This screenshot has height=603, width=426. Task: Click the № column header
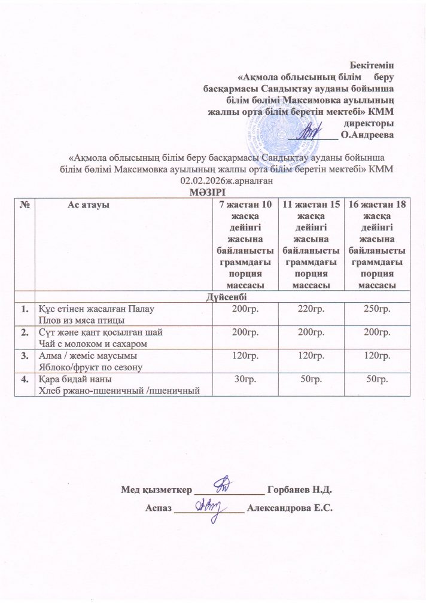click(25, 205)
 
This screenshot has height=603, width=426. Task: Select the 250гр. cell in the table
click(377, 309)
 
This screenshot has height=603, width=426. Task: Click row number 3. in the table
click(25, 356)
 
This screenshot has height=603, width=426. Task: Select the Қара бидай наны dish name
click(75, 380)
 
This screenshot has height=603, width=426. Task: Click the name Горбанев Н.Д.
click(300, 491)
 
